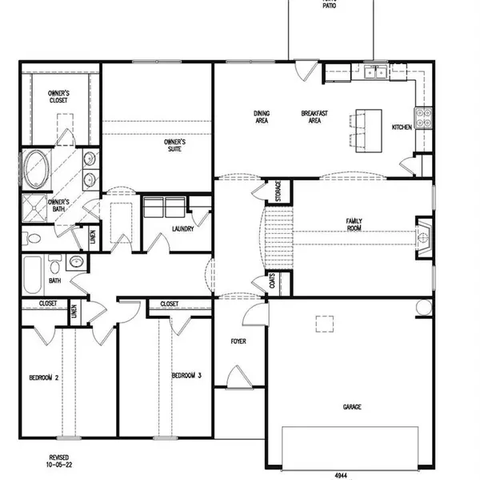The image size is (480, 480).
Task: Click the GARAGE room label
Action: click(x=353, y=407)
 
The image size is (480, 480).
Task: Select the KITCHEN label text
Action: click(x=401, y=127)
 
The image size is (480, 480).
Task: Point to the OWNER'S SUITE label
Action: click(x=175, y=145)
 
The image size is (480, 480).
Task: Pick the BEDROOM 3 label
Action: click(x=186, y=375)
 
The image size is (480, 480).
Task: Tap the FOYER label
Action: click(x=238, y=341)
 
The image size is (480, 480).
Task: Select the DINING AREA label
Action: click(x=262, y=117)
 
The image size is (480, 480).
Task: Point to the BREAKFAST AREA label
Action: click(x=310, y=117)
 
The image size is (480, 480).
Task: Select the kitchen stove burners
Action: click(x=424, y=118)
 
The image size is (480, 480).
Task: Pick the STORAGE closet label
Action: click(x=278, y=192)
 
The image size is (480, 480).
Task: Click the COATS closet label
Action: click(x=273, y=283)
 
